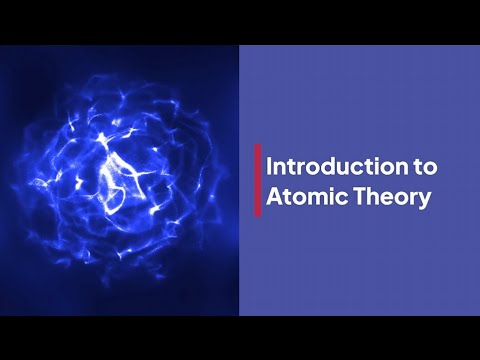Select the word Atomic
pos(308,196)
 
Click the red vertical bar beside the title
pos(258,180)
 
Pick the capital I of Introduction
pos(270,165)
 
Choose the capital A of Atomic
pos(276,196)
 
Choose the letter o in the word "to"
pos(420,167)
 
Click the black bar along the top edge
pos(240,21)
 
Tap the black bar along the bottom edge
pos(240,338)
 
